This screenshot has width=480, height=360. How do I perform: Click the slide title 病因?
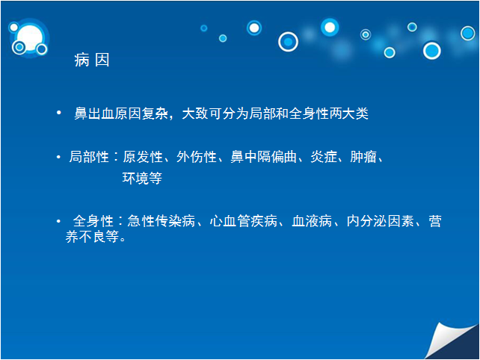(x=92, y=60)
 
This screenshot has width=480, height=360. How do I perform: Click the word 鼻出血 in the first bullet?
(x=94, y=114)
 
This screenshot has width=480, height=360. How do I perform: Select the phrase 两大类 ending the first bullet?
(x=348, y=114)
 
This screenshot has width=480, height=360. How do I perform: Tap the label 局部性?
(x=89, y=157)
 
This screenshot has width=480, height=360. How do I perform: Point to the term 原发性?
(x=143, y=157)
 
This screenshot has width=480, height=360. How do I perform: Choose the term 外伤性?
(x=197, y=157)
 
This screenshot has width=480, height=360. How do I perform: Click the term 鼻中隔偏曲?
(x=264, y=157)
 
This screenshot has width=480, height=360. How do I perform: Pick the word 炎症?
(x=324, y=157)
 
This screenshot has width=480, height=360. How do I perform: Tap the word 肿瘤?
(x=363, y=157)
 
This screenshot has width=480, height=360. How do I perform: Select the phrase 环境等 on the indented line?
(x=142, y=178)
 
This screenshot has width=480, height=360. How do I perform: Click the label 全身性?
(x=93, y=221)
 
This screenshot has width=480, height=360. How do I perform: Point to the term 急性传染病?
(x=161, y=221)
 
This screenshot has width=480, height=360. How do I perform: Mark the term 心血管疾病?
(x=244, y=221)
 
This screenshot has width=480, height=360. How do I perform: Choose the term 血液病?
(x=312, y=221)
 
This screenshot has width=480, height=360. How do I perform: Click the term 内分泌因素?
(x=381, y=221)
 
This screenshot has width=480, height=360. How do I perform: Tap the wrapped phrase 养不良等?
(x=92, y=237)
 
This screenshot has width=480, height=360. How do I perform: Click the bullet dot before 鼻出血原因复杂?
(x=59, y=113)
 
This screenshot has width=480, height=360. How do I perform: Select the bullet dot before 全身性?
(x=58, y=221)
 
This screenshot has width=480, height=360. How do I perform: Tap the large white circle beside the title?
(x=30, y=38)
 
